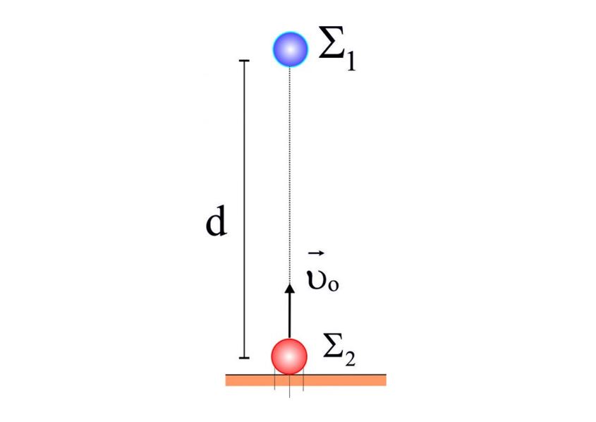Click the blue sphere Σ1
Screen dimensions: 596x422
290,49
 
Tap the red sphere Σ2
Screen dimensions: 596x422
289,356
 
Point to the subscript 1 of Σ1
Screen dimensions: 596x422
351,60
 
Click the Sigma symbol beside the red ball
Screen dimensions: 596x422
334,346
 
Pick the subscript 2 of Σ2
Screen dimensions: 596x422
350,358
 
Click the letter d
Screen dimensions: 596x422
216,221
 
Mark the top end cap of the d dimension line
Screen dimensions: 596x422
243,61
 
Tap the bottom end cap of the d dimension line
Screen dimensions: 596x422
243,358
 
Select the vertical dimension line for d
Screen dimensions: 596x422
243,209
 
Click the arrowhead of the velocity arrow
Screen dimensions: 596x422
290,289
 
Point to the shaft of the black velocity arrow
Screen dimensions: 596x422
290,315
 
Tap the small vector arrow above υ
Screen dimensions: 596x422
316,253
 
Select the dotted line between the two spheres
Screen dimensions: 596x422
290,176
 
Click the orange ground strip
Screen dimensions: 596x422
306,380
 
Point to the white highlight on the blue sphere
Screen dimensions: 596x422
291,49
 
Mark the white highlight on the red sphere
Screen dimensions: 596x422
289,357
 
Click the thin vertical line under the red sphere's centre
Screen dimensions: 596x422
289,386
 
